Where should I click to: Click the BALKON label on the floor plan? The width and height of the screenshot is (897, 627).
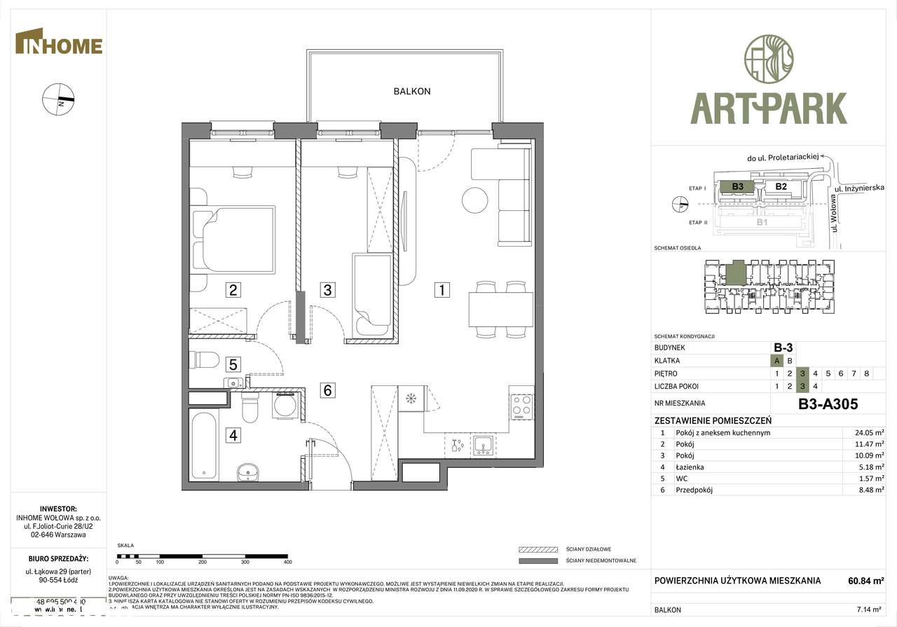pos(411,91)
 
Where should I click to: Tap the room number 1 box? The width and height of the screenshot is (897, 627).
pos(441,289)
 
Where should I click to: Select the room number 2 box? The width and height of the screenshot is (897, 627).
pos(233,289)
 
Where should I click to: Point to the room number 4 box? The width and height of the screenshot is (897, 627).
pos(233,435)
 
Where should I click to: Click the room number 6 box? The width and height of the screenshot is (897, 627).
pos(327,390)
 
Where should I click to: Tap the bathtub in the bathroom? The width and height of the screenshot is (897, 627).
pos(203,446)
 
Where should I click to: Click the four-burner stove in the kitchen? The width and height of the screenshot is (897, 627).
pos(521,405)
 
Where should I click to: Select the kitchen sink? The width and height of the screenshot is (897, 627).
pos(483,444)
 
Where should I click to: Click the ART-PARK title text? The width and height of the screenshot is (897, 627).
pos(768,109)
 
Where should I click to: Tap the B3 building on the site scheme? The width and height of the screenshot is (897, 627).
pos(737,186)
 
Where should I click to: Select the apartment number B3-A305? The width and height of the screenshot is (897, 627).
pos(828,404)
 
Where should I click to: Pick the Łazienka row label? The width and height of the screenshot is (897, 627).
pos(690,467)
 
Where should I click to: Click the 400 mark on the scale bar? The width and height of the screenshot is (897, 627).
pos(287,562)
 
